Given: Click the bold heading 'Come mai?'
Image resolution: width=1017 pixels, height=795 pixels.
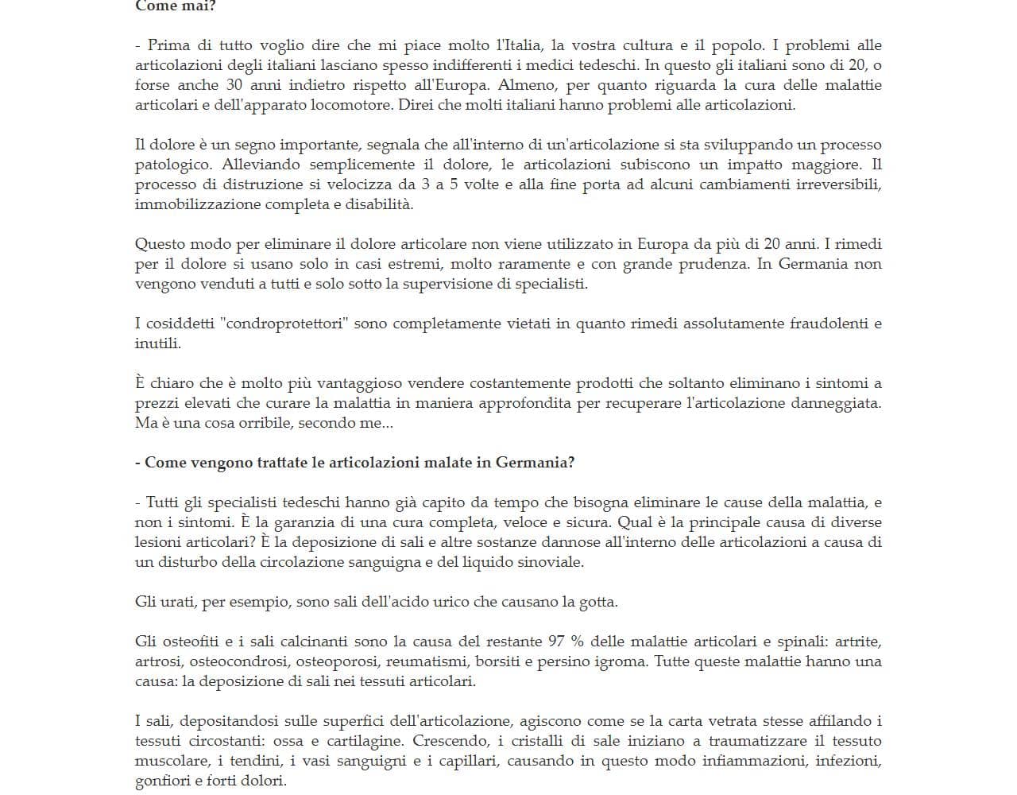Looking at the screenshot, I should pyautogui.click(x=175, y=6).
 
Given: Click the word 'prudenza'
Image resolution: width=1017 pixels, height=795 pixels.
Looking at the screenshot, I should pyautogui.click(x=713, y=264).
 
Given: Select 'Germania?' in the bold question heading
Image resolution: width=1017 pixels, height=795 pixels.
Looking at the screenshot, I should pyautogui.click(x=535, y=463).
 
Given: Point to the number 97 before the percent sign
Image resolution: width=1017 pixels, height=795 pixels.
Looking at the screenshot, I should pyautogui.click(x=559, y=642).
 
